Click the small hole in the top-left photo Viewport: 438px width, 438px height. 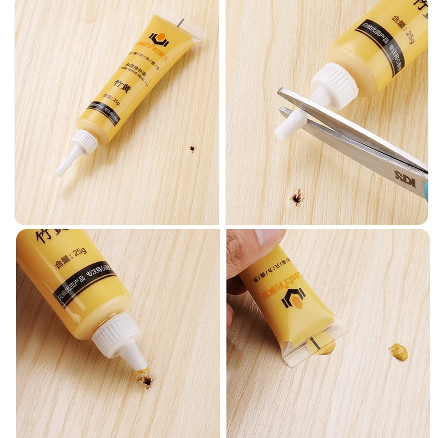tap(192, 149)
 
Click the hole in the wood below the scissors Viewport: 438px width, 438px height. tap(297, 198)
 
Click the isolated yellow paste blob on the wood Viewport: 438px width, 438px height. tap(398, 352)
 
